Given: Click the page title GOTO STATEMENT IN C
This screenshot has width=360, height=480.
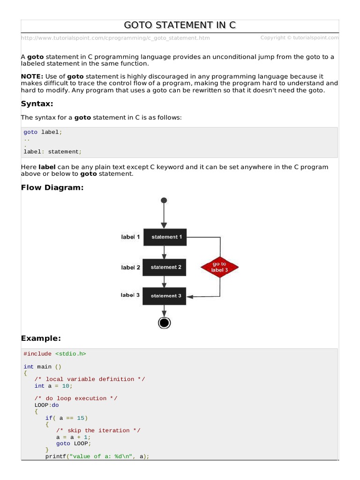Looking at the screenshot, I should (180, 25).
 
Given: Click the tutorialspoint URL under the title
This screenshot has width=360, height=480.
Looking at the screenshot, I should (115, 38).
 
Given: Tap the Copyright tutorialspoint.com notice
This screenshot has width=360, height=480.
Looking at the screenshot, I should (300, 38).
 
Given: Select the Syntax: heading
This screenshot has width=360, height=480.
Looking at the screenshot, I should (37, 103).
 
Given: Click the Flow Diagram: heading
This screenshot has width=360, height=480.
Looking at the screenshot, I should (52, 188).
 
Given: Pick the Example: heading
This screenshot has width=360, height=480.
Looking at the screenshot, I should (41, 338).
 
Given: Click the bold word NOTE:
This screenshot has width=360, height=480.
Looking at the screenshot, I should (32, 76).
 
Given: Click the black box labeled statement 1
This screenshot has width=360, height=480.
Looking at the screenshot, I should (165, 237).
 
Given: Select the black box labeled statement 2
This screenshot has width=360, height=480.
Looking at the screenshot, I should (165, 267).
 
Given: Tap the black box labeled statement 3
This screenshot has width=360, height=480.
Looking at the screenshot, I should (165, 296).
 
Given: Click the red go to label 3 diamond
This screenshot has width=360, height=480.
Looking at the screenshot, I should (219, 267).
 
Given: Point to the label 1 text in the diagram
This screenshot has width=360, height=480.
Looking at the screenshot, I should (130, 237).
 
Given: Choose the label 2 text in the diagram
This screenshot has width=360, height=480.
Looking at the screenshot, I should (130, 268).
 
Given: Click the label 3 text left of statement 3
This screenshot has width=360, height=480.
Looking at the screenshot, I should (130, 295).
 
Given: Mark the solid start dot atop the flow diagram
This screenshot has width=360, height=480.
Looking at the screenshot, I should (164, 200).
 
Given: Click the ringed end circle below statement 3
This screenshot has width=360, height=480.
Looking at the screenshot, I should (164, 322).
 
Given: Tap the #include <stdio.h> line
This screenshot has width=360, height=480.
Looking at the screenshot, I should (55, 354).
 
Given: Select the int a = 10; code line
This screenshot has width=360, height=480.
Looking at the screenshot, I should (53, 386).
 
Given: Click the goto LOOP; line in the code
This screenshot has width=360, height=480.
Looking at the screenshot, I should (73, 443).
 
